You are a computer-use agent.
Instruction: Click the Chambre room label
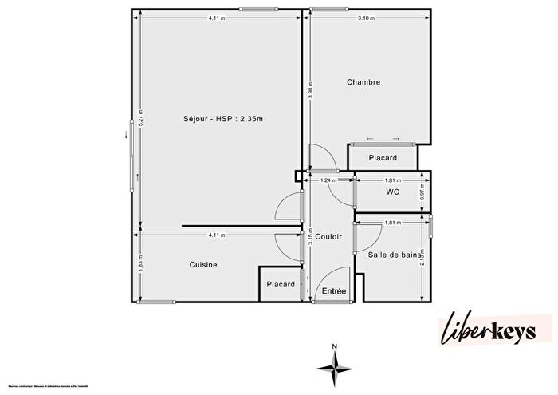[363, 82]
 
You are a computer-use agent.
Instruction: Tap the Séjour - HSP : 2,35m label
[223, 119]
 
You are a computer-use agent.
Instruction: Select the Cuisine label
[203, 265]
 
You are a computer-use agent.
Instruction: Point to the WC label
[392, 192]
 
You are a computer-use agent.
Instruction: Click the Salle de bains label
[394, 255]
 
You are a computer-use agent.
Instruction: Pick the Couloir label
[328, 237]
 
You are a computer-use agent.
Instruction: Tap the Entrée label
[333, 291]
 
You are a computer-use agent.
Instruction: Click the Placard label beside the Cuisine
[281, 284]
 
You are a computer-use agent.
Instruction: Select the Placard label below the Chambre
[383, 158]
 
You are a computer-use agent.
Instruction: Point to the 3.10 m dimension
[366, 18]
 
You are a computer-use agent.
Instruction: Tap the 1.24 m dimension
[326, 180]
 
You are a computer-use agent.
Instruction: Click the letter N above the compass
[336, 346]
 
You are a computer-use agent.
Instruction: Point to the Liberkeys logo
[495, 331]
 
